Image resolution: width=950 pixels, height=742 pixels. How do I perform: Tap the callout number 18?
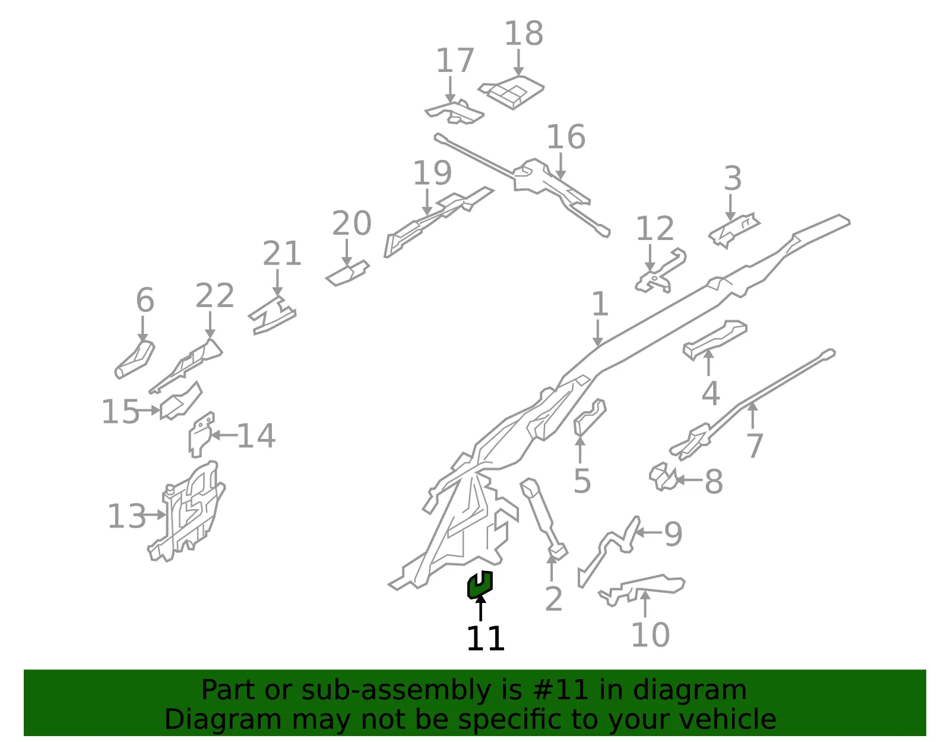pyautogui.click(x=524, y=33)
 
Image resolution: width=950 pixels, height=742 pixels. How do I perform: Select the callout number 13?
pyautogui.click(x=126, y=516)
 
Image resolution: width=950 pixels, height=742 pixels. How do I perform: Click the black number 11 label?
pyautogui.click(x=485, y=639)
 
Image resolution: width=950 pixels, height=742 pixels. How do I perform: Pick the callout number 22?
pyautogui.click(x=215, y=295)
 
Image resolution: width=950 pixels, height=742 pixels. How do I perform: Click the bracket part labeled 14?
pyautogui.click(x=201, y=435)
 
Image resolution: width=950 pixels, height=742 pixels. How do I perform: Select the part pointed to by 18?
pyautogui.click(x=511, y=93)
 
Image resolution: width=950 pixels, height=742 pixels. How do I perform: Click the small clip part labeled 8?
pyautogui.click(x=663, y=478)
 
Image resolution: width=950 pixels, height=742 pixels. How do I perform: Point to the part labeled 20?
pyautogui.click(x=348, y=273)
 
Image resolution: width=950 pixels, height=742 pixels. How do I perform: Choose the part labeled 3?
pyautogui.click(x=734, y=231)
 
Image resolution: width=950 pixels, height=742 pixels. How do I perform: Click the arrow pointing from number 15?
pyautogui.click(x=148, y=410)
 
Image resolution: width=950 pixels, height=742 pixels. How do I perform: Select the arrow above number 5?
pyautogui.click(x=580, y=450)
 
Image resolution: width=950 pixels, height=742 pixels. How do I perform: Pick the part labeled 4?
pyautogui.click(x=715, y=340)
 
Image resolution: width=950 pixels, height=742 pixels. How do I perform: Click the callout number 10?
pyautogui.click(x=651, y=634)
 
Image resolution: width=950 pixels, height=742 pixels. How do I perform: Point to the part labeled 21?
pyautogui.click(x=272, y=315)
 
